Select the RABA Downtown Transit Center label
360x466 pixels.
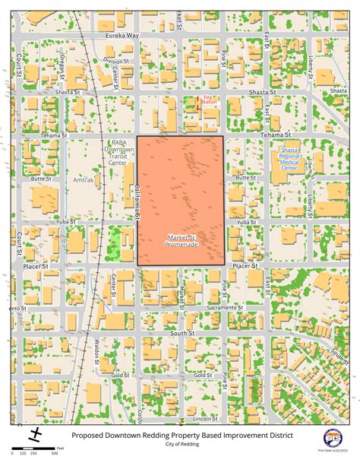click(117, 151)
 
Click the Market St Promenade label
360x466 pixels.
click(182, 240)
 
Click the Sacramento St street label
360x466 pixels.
click(223, 308)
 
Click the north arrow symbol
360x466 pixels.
click(35, 435)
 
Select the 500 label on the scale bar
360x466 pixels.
click(55, 454)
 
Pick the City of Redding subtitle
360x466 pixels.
click(180, 445)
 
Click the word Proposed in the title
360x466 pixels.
click(90, 436)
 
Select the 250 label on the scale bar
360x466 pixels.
click(33, 454)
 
